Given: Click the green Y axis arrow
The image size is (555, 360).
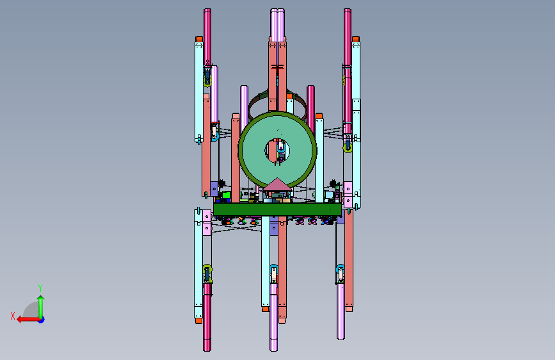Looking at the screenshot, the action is click(41, 307).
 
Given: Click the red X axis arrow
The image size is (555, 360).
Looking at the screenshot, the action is click(29, 320).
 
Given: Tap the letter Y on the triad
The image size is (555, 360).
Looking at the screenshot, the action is click(40, 288).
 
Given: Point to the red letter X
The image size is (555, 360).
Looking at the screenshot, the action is click(13, 316).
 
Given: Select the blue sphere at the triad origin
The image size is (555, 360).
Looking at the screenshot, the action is click(42, 320).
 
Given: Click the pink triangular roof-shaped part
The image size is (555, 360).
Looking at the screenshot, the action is click(277, 184).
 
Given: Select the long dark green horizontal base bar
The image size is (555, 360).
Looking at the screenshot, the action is click(277, 209).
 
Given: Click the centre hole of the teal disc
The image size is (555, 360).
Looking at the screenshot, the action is click(277, 151).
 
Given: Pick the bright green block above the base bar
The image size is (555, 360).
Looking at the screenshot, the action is click(226, 195).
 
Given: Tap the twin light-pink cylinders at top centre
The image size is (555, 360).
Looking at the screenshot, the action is click(278, 26).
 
